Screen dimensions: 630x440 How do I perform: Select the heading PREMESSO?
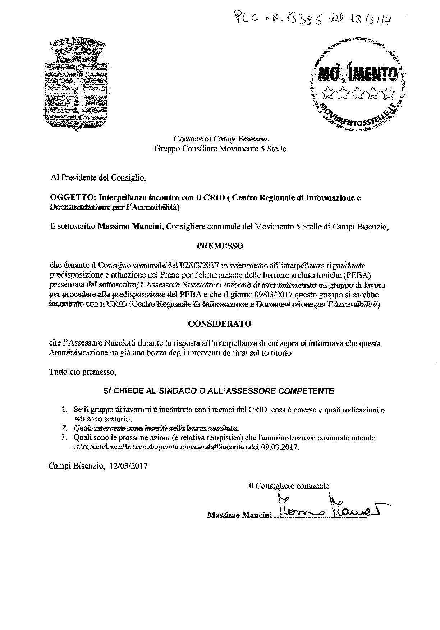coord(220,246)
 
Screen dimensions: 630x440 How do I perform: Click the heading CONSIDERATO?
coord(220,324)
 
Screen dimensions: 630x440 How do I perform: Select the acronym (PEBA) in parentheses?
coord(367,275)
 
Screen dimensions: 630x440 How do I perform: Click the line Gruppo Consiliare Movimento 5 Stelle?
coord(220,149)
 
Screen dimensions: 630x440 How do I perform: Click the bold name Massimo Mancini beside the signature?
coord(239,515)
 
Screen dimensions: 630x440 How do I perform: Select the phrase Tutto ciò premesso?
coord(83,372)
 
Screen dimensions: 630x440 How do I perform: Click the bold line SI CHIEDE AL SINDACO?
coord(219,391)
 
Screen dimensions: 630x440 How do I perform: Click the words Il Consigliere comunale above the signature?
coord(289,486)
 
